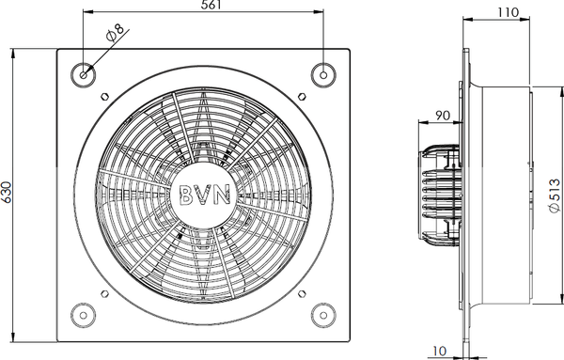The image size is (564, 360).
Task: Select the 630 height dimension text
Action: click(7, 192)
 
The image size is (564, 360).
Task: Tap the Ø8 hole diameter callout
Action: click(115, 33)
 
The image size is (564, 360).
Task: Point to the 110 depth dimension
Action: click(509, 12)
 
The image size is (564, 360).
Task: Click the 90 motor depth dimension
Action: click(443, 116)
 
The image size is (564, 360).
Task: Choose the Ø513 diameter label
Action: click(555, 196)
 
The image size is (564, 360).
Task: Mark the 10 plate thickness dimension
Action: click(439, 351)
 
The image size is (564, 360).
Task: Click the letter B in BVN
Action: click(187, 195)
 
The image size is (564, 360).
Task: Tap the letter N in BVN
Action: click(222, 195)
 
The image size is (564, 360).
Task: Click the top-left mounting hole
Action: click(84, 75)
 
